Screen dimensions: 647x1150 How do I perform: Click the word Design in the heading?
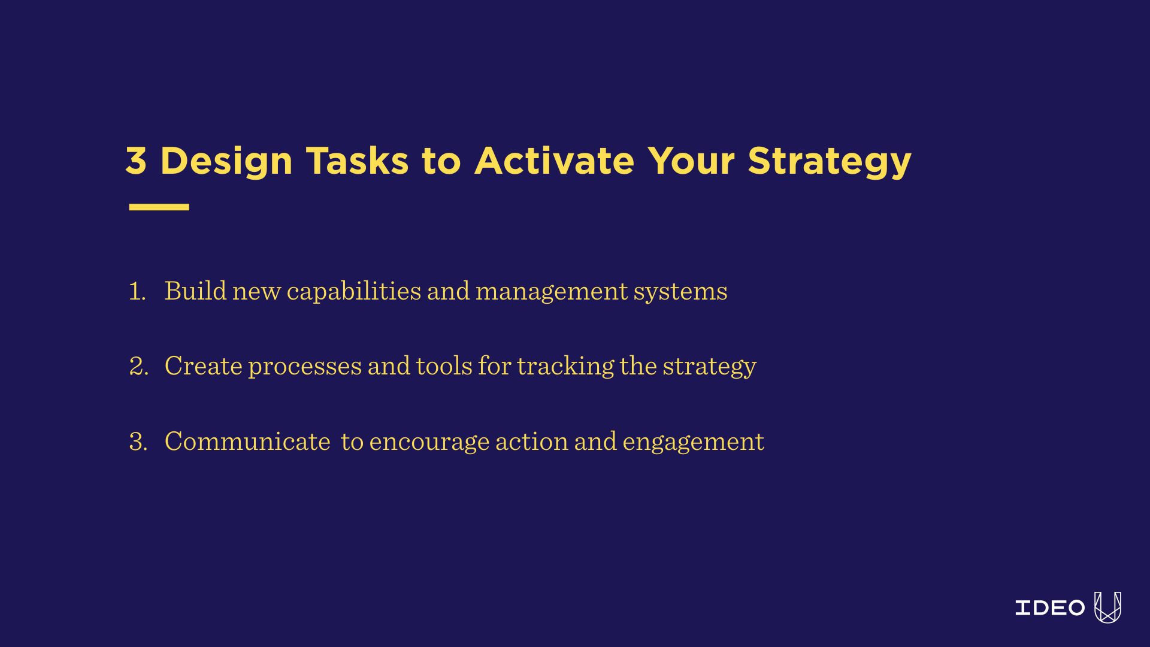[x=226, y=162]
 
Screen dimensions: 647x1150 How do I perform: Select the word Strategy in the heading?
[x=830, y=162]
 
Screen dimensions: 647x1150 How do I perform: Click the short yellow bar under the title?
[x=159, y=207]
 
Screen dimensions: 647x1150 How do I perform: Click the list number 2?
[x=138, y=366]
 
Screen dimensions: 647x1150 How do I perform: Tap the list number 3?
[x=138, y=442]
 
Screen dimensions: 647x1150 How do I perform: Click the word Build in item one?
[x=195, y=291]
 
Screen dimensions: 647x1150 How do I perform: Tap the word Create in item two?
[x=203, y=366]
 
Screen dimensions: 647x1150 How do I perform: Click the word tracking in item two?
[x=565, y=366]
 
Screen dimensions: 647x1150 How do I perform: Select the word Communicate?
[x=247, y=442]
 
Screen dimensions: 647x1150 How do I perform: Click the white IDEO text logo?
[x=1049, y=608]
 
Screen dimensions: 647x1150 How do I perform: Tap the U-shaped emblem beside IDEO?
[x=1107, y=607]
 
